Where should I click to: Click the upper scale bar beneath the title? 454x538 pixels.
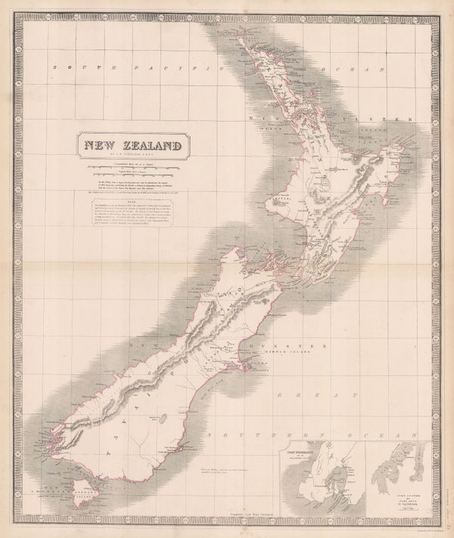click(x=133, y=165)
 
